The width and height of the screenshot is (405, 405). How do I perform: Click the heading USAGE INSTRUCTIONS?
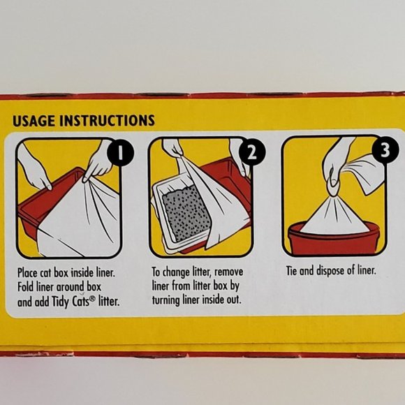pos(84,121)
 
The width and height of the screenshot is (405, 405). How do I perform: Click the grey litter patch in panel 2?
pos(186,213)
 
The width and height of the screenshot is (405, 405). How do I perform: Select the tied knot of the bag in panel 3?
pos(334,184)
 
